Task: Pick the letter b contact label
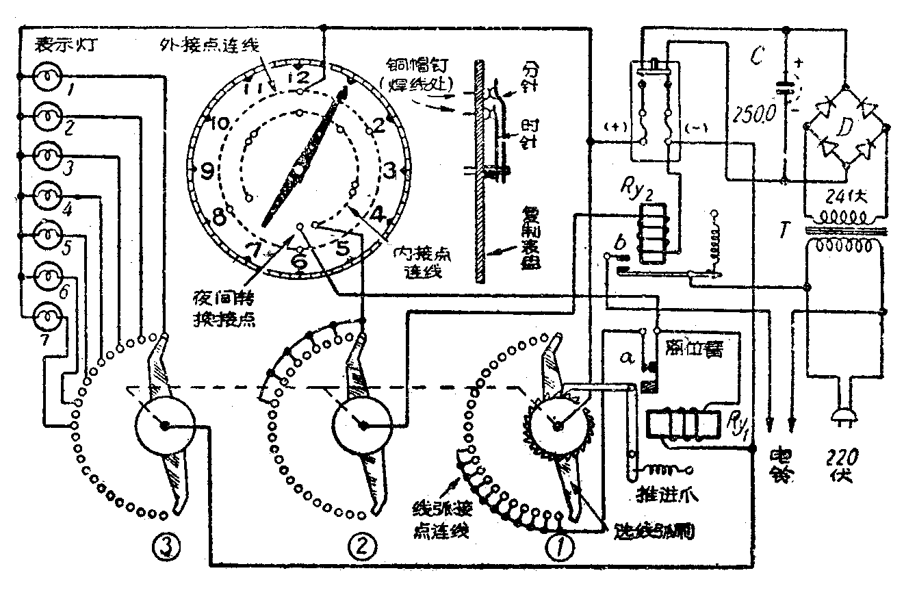point(619,241)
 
